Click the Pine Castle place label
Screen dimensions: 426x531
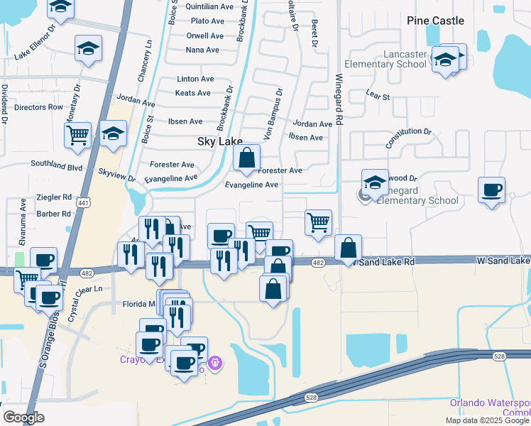coord(435,21)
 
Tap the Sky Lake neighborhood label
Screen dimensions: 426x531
coord(219,142)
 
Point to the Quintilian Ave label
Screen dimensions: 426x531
coord(209,6)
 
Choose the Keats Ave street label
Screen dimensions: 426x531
coord(193,93)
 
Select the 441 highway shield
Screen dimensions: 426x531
coord(84,202)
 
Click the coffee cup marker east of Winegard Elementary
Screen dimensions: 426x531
coord(491,190)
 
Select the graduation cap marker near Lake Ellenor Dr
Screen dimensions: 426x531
coord(87,49)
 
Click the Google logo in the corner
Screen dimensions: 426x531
coord(23,417)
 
